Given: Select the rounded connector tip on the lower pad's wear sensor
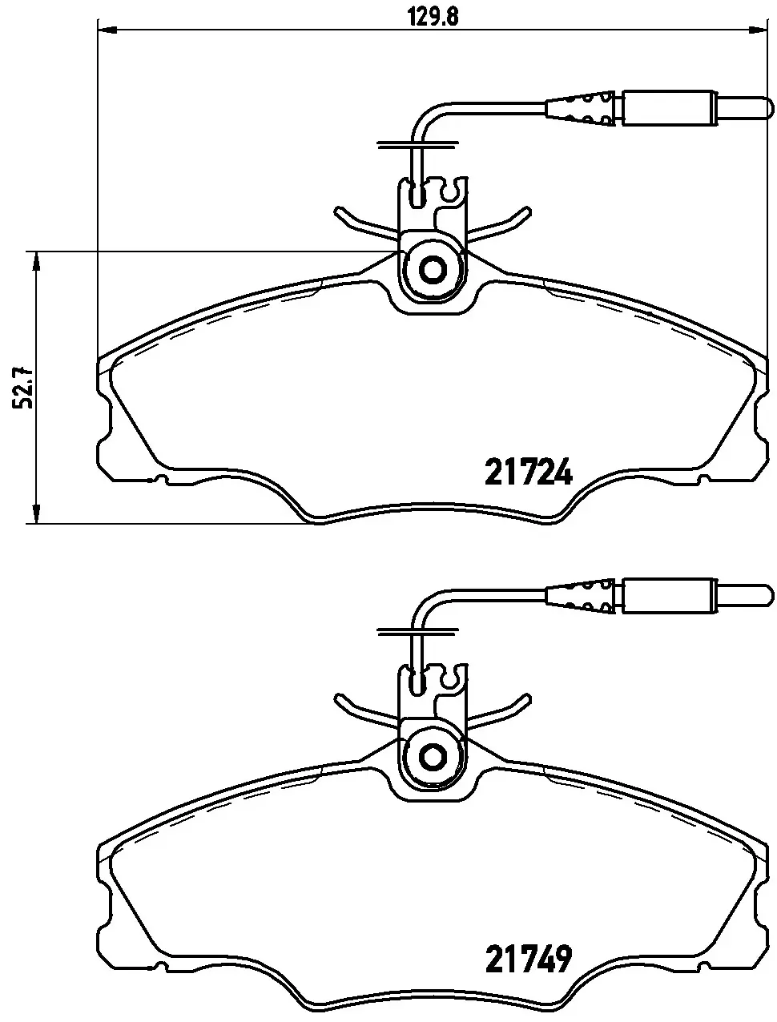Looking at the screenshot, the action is click(x=745, y=595).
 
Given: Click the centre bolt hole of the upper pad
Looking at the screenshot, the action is click(x=433, y=269).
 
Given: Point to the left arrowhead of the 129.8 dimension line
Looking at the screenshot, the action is click(x=107, y=30).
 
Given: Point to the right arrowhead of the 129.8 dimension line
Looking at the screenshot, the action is click(x=757, y=30).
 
